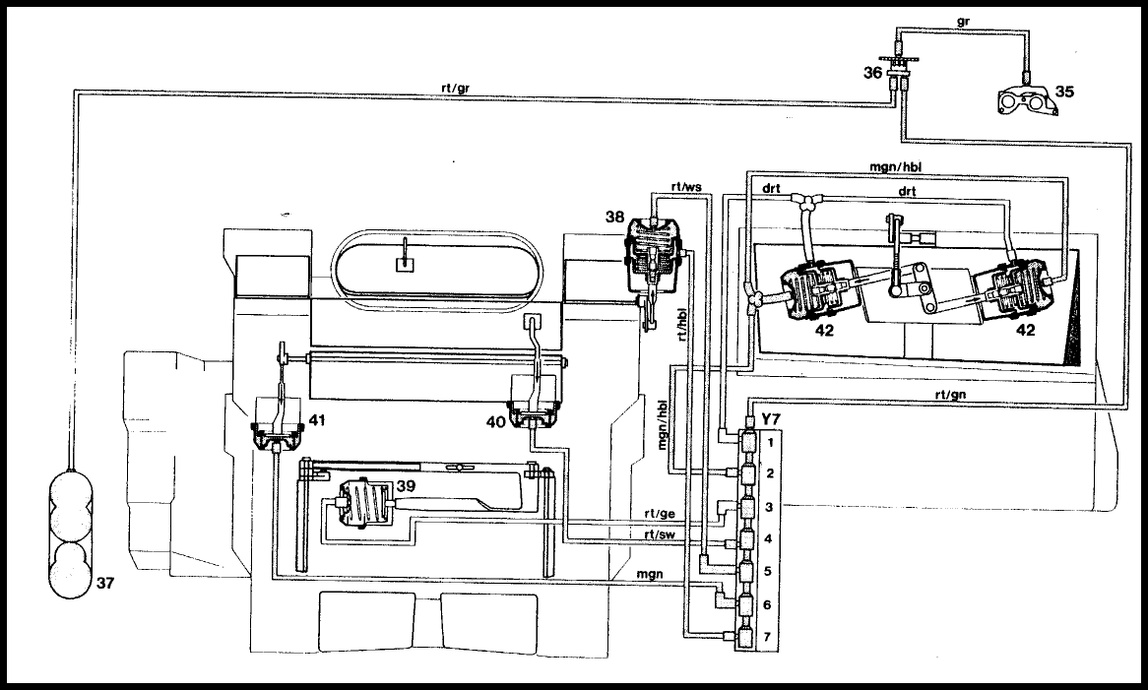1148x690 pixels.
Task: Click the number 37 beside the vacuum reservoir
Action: click(105, 583)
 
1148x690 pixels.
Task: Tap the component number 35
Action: click(1063, 92)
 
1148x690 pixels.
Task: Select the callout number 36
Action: click(872, 73)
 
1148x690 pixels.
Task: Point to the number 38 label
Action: click(615, 217)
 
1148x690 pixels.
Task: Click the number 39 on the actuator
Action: click(406, 486)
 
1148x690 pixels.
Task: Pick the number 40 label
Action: click(495, 422)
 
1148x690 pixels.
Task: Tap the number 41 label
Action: click(316, 420)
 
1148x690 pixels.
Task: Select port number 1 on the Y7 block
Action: click(770, 443)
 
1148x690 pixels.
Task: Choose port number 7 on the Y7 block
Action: click(767, 637)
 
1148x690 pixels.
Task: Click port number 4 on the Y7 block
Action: click(768, 539)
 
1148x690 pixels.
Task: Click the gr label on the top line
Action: click(963, 22)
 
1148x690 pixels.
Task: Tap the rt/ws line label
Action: click(686, 187)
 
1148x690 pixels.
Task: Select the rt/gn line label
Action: click(950, 395)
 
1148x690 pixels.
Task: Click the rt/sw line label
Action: click(660, 534)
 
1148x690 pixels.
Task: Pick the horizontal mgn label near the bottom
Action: click(650, 574)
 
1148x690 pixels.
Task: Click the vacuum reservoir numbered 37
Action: click(70, 534)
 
